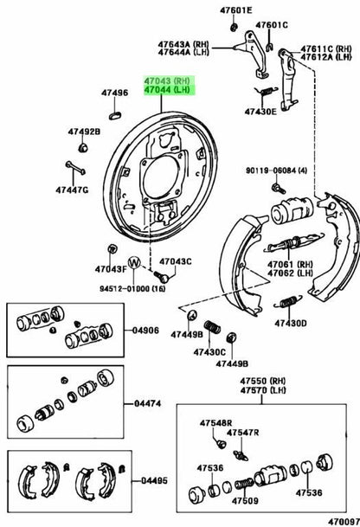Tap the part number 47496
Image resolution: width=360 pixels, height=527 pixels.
point(114,93)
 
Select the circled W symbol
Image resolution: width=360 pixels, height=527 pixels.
point(134,262)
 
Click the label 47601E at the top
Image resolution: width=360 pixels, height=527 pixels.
point(235,10)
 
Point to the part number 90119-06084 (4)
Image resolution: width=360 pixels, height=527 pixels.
point(276,170)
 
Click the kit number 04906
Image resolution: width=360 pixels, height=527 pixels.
point(145,331)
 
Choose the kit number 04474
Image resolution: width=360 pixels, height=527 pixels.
point(148,403)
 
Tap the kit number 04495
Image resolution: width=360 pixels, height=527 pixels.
point(154,480)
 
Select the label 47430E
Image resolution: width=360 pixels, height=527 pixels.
point(260,112)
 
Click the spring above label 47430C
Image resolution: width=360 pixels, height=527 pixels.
point(212,327)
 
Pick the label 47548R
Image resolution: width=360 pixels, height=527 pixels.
point(215,423)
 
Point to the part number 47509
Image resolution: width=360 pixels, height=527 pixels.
point(245,501)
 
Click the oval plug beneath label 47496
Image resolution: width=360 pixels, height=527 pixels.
point(115,115)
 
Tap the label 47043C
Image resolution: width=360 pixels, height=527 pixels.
point(176,261)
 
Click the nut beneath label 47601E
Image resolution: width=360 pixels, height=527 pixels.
point(234,27)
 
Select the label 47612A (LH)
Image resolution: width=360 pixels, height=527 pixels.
point(326,57)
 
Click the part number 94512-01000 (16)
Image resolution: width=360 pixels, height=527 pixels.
point(132,289)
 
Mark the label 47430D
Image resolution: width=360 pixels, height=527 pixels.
point(291,324)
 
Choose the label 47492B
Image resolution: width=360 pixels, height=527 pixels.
point(84,132)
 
